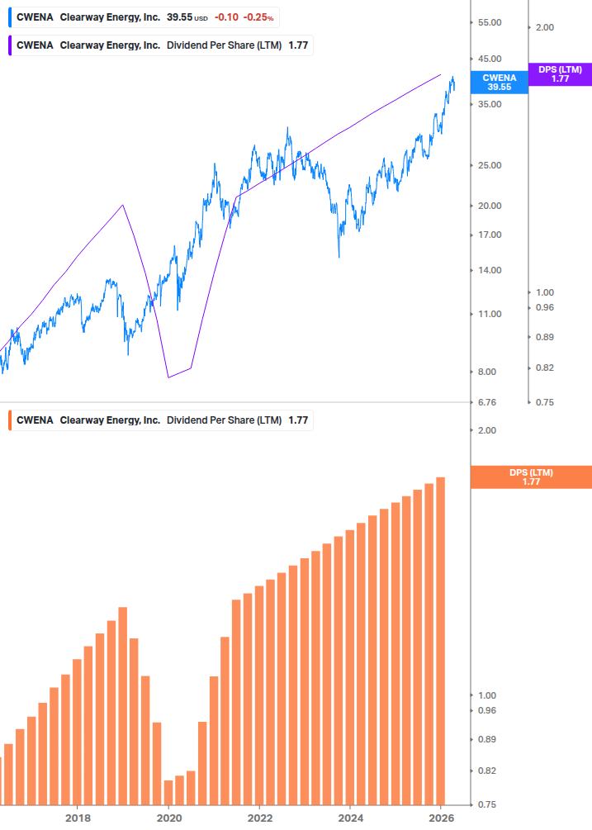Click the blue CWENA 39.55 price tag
[x=499, y=81]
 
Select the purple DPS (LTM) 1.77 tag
[x=560, y=74]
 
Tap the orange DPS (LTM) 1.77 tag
[x=530, y=477]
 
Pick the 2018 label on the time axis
[x=78, y=818]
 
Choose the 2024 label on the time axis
[x=350, y=818]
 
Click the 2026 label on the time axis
[x=441, y=818]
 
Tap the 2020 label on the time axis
[x=168, y=818]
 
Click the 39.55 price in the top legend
[x=179, y=17]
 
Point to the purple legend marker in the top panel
[x=9, y=45]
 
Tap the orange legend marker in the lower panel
[x=9, y=420]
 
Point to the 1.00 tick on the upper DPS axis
[x=545, y=292]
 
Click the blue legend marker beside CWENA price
[x=9, y=17]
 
